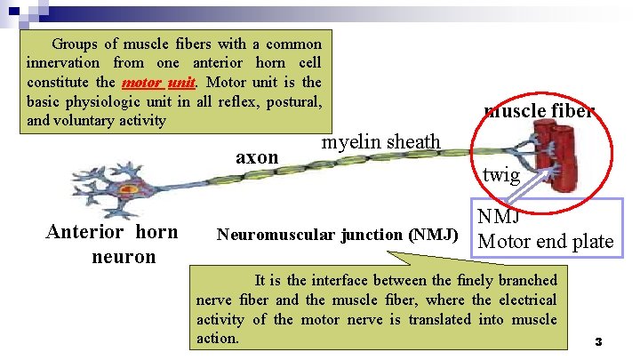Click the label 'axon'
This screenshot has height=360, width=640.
(x=257, y=157)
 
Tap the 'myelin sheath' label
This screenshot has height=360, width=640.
(x=380, y=141)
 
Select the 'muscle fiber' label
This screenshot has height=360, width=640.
(x=539, y=111)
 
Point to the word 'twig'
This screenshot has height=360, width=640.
(x=500, y=175)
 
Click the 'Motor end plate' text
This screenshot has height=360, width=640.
(x=546, y=241)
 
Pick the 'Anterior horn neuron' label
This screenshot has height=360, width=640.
(x=112, y=244)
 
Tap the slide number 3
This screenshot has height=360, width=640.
(x=598, y=341)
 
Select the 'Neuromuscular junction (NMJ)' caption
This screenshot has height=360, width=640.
(x=337, y=236)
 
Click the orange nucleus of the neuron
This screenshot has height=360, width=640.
(x=130, y=188)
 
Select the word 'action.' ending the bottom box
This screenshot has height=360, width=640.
(x=219, y=339)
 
